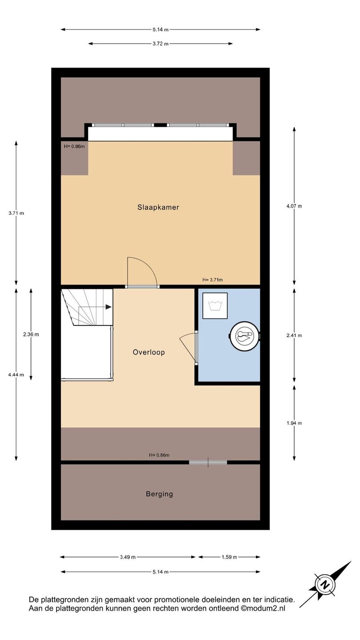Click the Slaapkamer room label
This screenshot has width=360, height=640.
[158, 207]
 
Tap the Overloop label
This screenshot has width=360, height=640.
[149, 352]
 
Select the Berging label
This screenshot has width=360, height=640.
[160, 494]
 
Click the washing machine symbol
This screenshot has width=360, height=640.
[215, 306]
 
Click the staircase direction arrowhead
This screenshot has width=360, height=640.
[108, 307]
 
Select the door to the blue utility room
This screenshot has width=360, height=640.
[196, 348]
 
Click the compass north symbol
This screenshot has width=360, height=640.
[325, 584]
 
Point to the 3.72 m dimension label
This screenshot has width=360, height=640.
[160, 44]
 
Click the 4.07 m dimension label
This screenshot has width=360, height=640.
[294, 206]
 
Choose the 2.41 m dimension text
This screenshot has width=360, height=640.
[294, 336]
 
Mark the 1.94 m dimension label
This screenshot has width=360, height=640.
[294, 423]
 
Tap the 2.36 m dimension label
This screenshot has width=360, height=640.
[31, 334]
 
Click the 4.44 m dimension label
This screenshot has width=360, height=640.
[16, 375]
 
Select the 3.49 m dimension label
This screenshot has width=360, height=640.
[128, 557]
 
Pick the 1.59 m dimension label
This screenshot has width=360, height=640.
[229, 557]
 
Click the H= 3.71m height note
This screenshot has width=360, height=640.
[212, 280]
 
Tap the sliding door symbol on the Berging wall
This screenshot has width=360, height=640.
[208, 462]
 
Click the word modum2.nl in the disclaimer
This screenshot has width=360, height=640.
[265, 608]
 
